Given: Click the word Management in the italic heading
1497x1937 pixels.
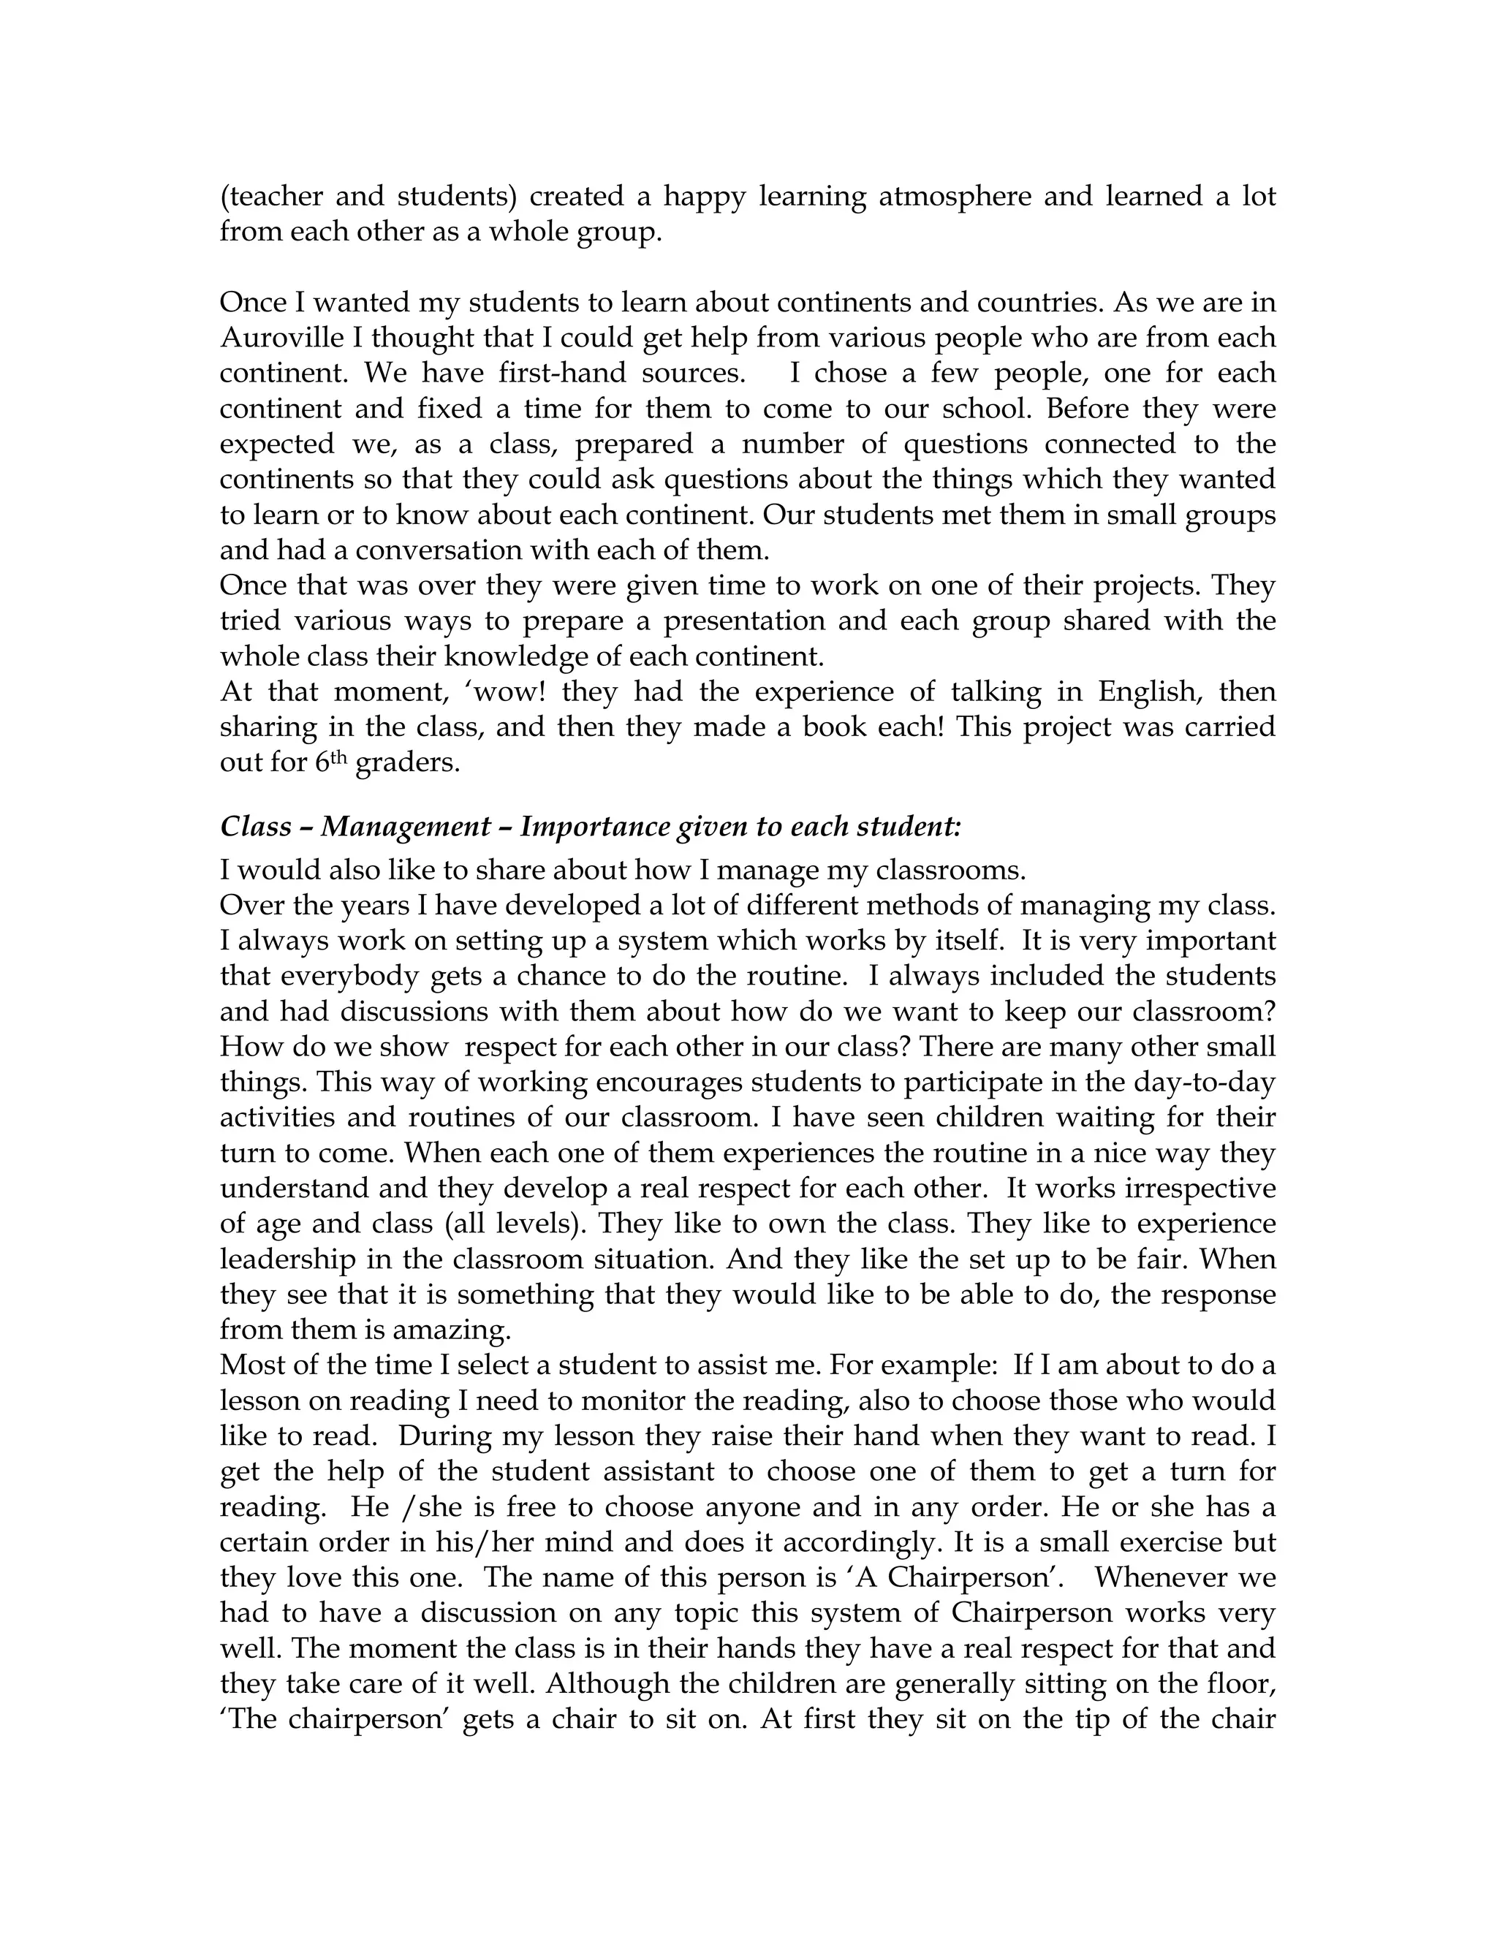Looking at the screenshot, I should coord(405,827).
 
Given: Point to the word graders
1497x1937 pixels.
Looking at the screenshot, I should coord(407,762).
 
